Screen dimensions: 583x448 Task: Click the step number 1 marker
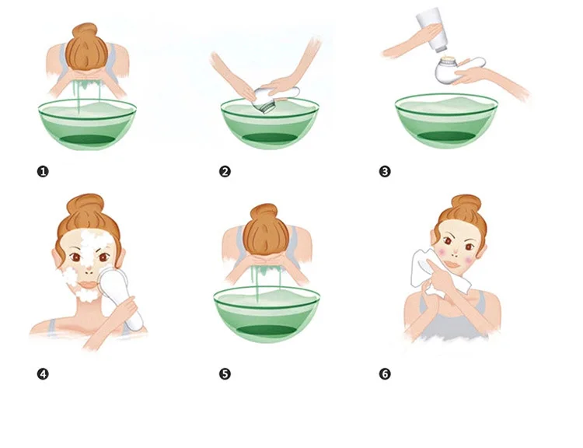[x=43, y=172]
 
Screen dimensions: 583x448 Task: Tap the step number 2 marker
[x=225, y=172]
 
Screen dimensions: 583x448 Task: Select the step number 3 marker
[x=385, y=172]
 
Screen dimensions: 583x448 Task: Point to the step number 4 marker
[x=43, y=374]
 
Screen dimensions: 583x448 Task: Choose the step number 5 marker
[x=225, y=374]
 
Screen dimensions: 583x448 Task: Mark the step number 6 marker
[x=385, y=374]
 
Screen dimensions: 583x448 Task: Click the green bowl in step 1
[x=87, y=124]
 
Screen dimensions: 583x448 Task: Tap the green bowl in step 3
[x=446, y=121]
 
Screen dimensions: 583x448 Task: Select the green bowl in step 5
[x=267, y=314]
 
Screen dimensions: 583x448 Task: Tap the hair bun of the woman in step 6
[x=466, y=205]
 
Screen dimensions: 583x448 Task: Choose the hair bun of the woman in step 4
[x=86, y=204]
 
